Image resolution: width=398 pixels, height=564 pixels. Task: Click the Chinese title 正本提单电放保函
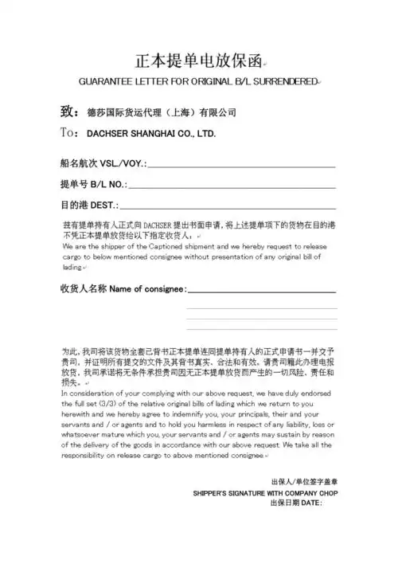[x=198, y=60]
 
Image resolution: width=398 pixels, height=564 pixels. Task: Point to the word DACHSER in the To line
[x=110, y=133]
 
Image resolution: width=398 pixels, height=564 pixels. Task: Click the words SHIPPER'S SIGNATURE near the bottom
[x=225, y=493]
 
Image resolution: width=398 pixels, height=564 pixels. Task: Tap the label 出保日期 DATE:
[x=296, y=503]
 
